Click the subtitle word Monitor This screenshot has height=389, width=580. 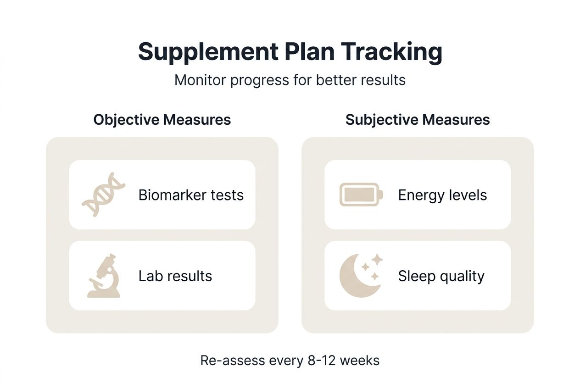point(200,80)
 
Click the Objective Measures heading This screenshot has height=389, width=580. point(162,120)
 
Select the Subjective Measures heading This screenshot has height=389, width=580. point(418,120)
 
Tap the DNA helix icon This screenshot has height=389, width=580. point(103,194)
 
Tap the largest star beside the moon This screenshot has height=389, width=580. point(377,260)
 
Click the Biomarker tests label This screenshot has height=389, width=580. point(191,195)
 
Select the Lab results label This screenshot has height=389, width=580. point(175,276)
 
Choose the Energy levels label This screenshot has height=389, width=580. point(442,195)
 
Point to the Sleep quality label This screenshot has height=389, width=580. point(441,276)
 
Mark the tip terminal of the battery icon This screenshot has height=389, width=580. point(382,194)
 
